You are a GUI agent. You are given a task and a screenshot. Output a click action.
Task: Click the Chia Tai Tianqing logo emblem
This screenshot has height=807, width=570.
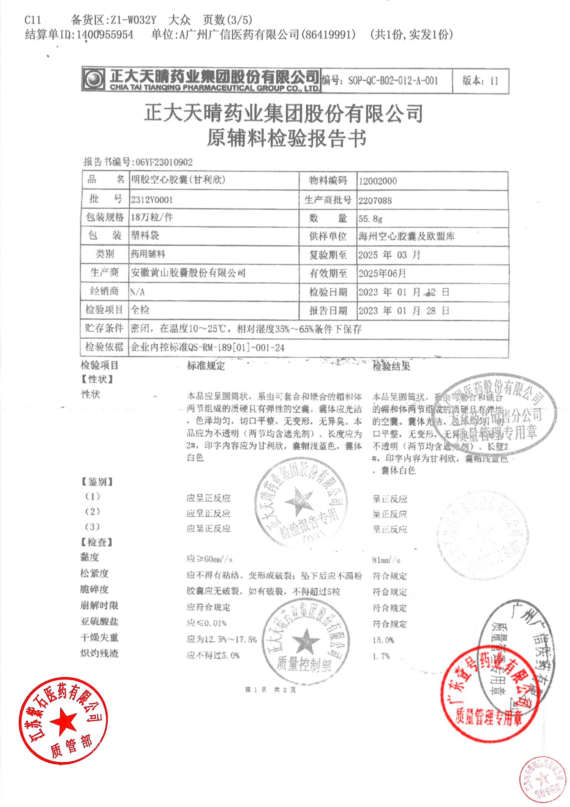[x=93, y=80]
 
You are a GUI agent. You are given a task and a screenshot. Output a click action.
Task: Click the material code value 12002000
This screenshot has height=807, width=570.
[x=378, y=181]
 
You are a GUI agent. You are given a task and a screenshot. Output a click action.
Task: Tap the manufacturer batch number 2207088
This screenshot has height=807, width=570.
[x=375, y=200]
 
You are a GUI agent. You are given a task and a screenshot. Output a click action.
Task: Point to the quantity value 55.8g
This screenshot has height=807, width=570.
[x=370, y=219]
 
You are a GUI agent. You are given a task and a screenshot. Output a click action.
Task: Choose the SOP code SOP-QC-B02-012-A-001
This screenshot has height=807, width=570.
[x=393, y=81]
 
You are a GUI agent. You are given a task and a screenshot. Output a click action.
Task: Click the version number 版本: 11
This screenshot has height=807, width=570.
[x=480, y=81]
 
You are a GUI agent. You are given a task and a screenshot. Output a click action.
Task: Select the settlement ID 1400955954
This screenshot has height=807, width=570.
[x=104, y=35]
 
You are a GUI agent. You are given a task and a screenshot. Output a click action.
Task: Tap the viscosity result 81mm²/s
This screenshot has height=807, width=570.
[x=386, y=560]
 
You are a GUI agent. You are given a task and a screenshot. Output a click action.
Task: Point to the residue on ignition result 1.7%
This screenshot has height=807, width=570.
[x=381, y=656]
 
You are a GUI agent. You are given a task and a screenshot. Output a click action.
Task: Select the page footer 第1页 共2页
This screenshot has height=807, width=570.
[x=271, y=690]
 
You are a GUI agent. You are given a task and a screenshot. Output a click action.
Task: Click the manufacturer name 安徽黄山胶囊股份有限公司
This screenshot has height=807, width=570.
[x=188, y=273]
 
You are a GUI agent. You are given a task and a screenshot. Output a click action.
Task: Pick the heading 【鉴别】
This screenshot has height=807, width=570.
[x=97, y=482]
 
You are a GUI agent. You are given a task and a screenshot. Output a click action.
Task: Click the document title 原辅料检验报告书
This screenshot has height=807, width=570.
[x=286, y=138]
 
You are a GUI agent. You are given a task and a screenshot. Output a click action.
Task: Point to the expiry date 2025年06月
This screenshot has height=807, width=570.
[x=382, y=273]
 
